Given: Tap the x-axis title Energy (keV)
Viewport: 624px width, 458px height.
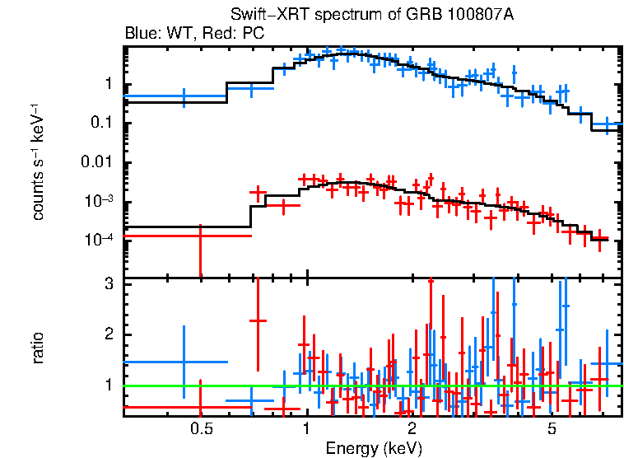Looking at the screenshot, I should [x=374, y=448].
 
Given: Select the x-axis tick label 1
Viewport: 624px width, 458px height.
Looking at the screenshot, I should [x=306, y=430].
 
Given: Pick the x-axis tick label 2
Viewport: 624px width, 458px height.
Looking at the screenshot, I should [x=412, y=430].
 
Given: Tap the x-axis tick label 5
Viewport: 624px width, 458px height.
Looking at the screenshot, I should [x=552, y=430].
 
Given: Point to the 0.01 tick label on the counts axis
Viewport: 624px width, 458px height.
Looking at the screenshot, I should [x=96, y=162].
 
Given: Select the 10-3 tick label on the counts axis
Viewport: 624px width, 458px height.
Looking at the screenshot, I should [x=98, y=201].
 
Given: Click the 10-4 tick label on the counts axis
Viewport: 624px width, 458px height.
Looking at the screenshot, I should [x=98, y=240].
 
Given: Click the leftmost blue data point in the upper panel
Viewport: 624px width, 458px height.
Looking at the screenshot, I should [x=184, y=96].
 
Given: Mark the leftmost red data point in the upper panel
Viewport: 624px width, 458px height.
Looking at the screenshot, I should [x=200, y=236].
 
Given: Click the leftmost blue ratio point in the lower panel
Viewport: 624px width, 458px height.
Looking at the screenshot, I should [x=184, y=361].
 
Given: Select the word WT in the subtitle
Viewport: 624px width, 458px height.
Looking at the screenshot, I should [x=177, y=34].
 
